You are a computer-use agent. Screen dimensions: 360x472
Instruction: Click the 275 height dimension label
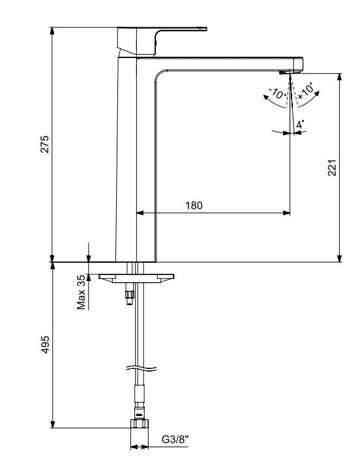coord(44,144)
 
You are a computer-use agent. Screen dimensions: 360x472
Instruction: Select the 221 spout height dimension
coord(332,168)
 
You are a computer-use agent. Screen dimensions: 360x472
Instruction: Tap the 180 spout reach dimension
coord(194,205)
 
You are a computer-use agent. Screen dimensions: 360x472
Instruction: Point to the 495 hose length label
coord(45,344)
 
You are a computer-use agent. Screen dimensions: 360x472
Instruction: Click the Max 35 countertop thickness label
coord(81,291)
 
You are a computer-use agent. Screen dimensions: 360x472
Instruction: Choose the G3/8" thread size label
coord(175,439)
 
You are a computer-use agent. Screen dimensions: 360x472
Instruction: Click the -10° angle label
coord(277,93)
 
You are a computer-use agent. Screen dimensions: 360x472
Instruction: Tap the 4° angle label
coord(300,124)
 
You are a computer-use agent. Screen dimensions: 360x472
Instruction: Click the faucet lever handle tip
coord(205,29)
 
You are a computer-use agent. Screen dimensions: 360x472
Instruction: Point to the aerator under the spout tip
coord(284,72)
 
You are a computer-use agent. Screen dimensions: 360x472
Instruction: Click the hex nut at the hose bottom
coord(140,423)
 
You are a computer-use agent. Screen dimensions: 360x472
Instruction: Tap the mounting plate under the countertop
coord(136,278)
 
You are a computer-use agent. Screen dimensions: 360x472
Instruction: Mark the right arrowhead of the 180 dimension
coord(286,213)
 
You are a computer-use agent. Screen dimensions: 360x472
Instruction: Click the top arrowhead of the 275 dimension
coord(52,31)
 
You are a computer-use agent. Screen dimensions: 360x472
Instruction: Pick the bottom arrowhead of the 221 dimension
coord(340,258)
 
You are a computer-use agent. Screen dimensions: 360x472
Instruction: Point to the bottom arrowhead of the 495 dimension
coord(52,424)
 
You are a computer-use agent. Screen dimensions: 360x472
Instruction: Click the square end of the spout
coord(298,63)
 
